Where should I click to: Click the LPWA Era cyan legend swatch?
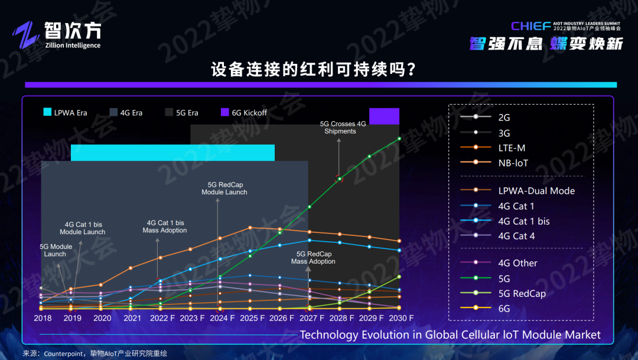(x=47, y=112)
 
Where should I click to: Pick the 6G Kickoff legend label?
(x=249, y=112)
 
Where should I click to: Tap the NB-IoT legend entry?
(x=513, y=163)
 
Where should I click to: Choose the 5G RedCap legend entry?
(x=522, y=293)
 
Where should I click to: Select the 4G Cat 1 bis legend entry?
(x=523, y=221)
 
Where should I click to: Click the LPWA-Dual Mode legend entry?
(x=536, y=190)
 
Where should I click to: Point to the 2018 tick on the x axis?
(x=43, y=318)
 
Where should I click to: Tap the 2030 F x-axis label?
(x=400, y=318)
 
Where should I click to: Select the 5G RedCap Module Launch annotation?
(x=224, y=188)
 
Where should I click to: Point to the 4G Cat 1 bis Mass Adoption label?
(x=164, y=226)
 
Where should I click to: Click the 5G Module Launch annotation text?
(x=56, y=250)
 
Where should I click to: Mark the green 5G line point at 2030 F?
(x=399, y=138)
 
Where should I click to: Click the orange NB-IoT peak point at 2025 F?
(x=250, y=227)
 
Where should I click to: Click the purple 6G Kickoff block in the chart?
(x=384, y=116)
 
